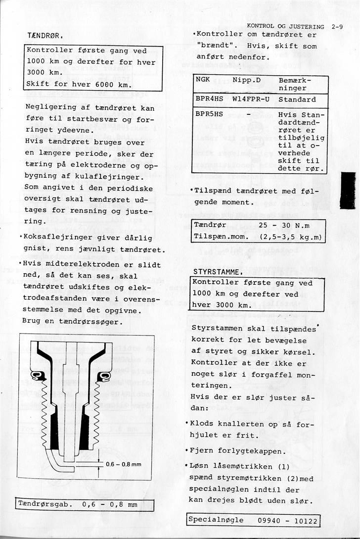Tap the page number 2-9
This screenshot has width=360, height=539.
(338, 27)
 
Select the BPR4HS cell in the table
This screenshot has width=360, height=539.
(209, 99)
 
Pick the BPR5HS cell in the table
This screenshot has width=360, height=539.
(209, 114)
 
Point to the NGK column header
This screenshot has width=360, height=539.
(203, 80)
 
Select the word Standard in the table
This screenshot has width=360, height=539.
(297, 99)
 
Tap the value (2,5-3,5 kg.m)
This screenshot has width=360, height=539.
(290, 237)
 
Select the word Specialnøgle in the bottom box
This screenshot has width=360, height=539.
(216, 521)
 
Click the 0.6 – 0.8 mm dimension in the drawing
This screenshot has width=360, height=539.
(124, 464)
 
